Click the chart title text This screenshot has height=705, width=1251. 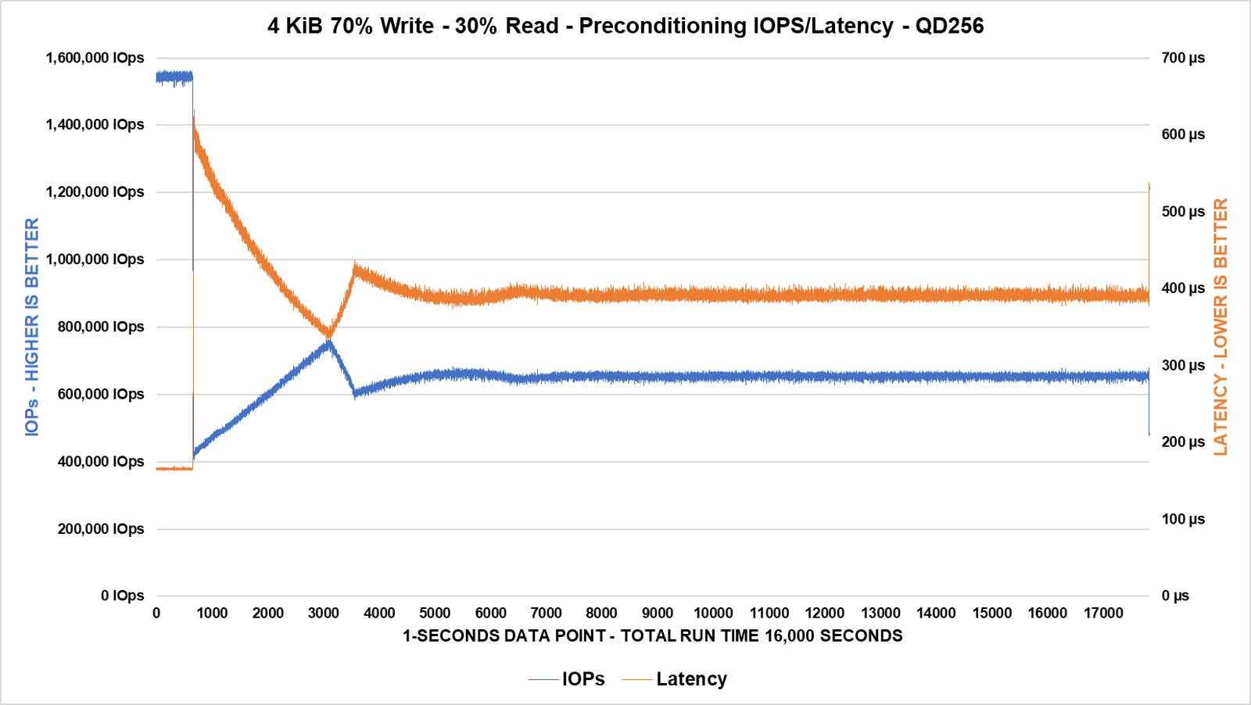pyautogui.click(x=625, y=26)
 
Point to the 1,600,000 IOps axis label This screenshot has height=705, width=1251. pyautogui.click(x=95, y=58)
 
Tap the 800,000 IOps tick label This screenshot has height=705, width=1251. pyautogui.click(x=101, y=327)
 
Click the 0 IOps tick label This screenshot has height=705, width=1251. pyautogui.click(x=123, y=596)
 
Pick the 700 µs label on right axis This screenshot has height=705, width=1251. pyautogui.click(x=1183, y=58)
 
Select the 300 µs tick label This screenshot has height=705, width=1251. pyautogui.click(x=1183, y=365)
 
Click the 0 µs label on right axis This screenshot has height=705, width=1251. pyautogui.click(x=1175, y=596)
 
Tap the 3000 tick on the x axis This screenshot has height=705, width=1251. pyautogui.click(x=324, y=614)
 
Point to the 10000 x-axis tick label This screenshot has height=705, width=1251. pyautogui.click(x=713, y=614)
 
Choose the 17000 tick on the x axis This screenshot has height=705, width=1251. pyautogui.click(x=1103, y=614)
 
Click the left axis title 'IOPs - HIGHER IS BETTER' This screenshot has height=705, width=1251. pyautogui.click(x=32, y=327)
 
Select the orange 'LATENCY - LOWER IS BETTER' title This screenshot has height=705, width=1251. pyautogui.click(x=1221, y=327)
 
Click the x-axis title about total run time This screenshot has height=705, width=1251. pyautogui.click(x=652, y=636)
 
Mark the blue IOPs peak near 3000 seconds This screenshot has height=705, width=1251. pyautogui.click(x=329, y=342)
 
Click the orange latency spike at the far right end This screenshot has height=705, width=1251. pyautogui.click(x=1149, y=186)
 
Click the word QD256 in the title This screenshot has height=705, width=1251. pyautogui.click(x=949, y=26)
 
